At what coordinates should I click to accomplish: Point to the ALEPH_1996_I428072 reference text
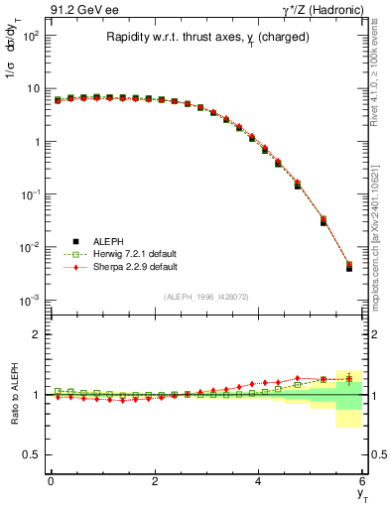pos(206,297)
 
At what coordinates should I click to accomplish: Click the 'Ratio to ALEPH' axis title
pos(13,394)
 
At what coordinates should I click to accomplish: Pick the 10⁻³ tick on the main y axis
pos(33,300)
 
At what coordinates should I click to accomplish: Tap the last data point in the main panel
pos(348,266)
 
